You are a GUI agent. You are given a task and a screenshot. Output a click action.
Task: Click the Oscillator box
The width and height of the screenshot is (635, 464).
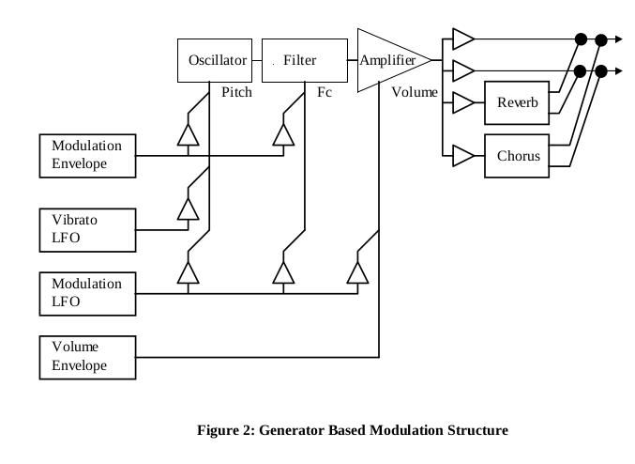[x=218, y=60]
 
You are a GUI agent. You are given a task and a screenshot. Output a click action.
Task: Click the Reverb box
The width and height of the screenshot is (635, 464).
[x=518, y=102]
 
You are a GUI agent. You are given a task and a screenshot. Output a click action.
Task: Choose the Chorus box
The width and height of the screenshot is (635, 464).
[x=518, y=155]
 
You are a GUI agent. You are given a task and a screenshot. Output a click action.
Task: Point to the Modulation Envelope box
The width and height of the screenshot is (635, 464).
[x=87, y=155]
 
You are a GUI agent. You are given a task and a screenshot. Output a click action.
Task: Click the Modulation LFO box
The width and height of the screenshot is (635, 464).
[x=87, y=292]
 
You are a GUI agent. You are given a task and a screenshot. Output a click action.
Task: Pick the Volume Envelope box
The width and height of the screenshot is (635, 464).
[x=87, y=356]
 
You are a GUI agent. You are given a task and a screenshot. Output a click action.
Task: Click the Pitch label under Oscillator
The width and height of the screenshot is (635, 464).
[x=236, y=93]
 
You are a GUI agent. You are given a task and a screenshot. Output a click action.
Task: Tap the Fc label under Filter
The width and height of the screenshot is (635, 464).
[x=325, y=93]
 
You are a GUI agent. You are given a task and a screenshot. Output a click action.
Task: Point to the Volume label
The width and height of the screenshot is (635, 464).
[x=415, y=92]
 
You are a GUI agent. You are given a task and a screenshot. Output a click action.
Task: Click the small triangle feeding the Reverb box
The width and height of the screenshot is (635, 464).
[x=462, y=102]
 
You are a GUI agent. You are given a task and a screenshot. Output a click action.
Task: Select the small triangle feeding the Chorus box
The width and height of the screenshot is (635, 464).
[x=462, y=155]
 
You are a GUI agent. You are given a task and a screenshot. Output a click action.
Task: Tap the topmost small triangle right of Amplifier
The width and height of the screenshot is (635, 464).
[x=462, y=39]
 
